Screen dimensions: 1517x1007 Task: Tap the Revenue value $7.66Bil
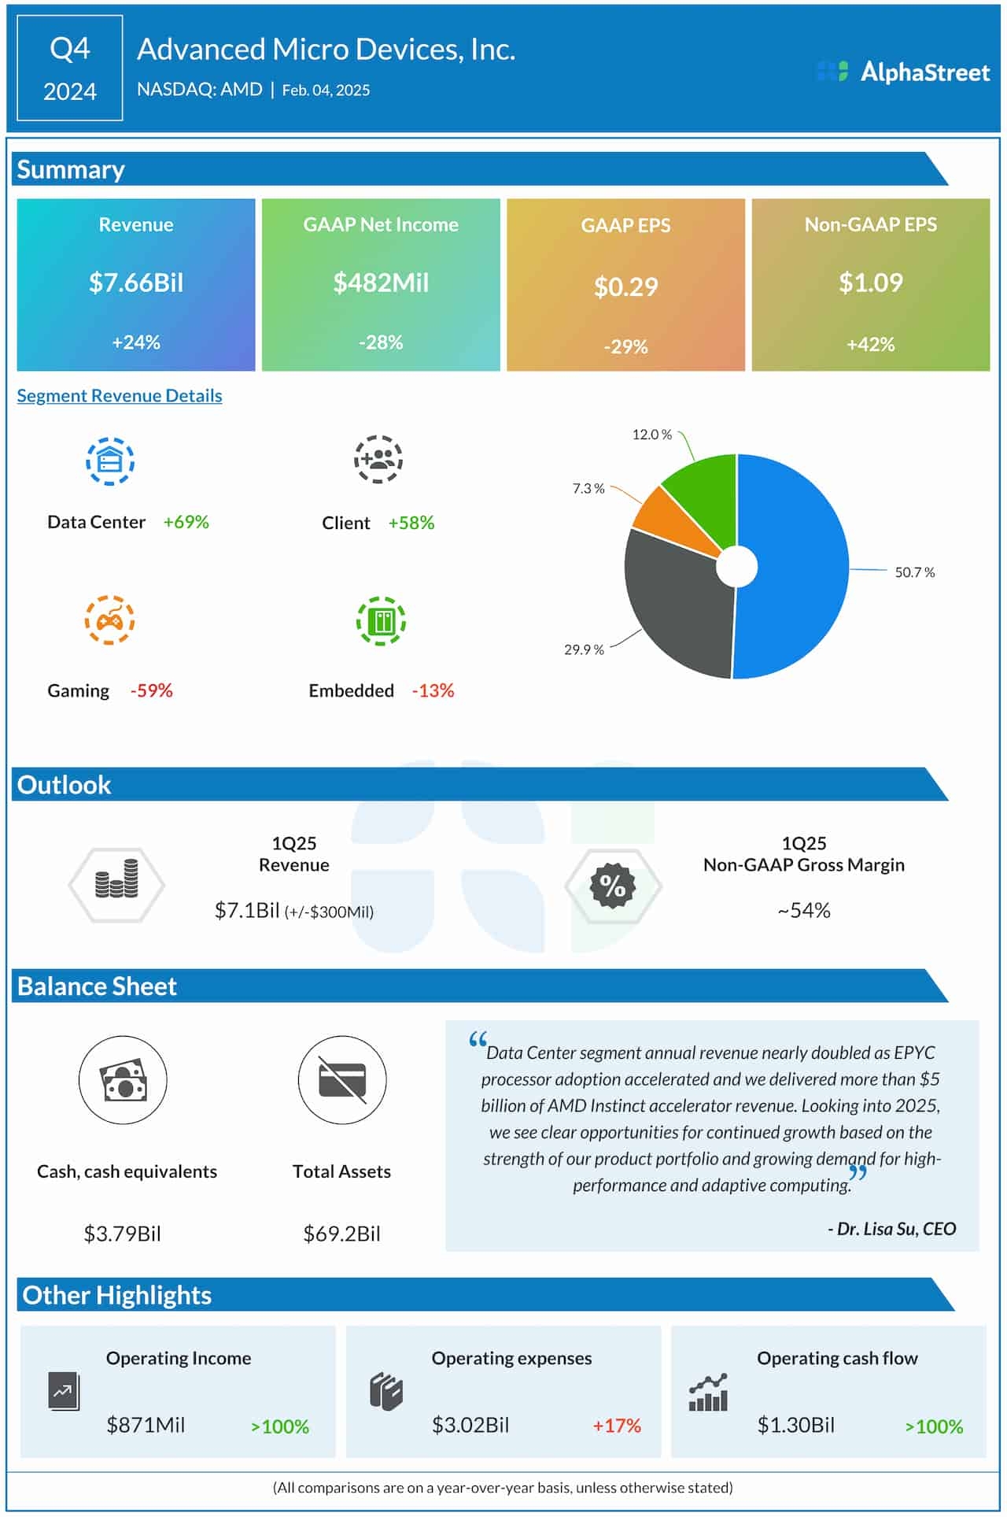pyautogui.click(x=136, y=283)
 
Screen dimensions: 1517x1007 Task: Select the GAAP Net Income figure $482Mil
pyautogui.click(x=381, y=283)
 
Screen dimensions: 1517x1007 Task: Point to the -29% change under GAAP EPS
pyautogui.click(x=625, y=346)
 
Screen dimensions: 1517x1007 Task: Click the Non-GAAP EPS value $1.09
pyautogui.click(x=870, y=283)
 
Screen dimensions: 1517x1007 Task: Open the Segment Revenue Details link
pyautogui.click(x=120, y=395)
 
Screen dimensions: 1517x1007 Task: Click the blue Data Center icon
pyautogui.click(x=110, y=461)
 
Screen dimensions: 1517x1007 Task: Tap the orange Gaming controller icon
pyautogui.click(x=110, y=620)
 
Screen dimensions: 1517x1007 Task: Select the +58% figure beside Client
pyautogui.click(x=411, y=523)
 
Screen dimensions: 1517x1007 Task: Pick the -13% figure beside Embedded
pyautogui.click(x=433, y=690)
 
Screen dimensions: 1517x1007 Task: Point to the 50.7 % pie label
pyautogui.click(x=914, y=572)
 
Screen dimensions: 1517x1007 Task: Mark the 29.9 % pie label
pyautogui.click(x=584, y=649)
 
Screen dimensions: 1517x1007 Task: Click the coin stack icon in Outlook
pyautogui.click(x=116, y=884)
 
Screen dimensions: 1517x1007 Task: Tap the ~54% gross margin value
pyautogui.click(x=803, y=910)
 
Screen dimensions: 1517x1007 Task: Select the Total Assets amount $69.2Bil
pyautogui.click(x=341, y=1233)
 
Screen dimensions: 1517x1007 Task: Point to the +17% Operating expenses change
pyautogui.click(x=617, y=1426)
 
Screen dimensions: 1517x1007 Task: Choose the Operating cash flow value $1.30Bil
pyautogui.click(x=795, y=1425)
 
